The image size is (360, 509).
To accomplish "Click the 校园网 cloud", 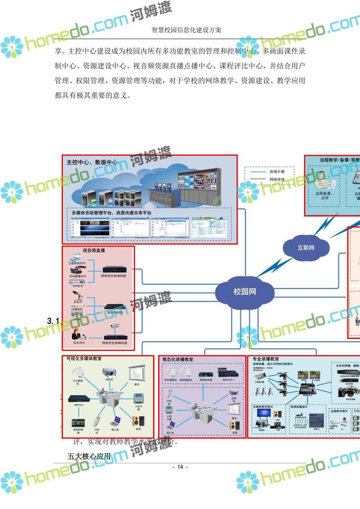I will point(244,292).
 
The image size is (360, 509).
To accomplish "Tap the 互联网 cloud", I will point(306,248).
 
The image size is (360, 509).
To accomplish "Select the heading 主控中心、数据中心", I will point(92,162).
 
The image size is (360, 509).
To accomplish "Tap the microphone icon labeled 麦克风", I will point(78,295).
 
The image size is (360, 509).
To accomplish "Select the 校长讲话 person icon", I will point(77,334).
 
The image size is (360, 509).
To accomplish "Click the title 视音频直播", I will point(94,251).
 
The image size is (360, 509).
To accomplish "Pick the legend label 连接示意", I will point(277,172).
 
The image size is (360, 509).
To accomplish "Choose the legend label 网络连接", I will point(277,180).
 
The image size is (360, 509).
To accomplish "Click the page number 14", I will point(180,467).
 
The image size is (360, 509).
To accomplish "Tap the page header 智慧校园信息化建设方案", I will point(187,30).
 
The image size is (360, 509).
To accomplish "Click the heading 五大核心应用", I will point(89,456).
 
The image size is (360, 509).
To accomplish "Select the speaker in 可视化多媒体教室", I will point(138,421).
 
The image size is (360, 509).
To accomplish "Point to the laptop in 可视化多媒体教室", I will point(115,421).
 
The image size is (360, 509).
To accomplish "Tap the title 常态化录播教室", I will point(178,360).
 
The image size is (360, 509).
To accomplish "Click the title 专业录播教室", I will point(266,359).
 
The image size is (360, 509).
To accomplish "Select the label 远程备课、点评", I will point(324,196).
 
